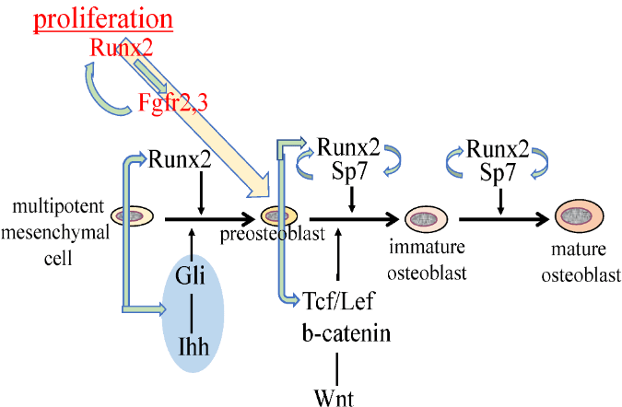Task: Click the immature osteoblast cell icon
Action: (427, 219)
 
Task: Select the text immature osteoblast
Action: (427, 261)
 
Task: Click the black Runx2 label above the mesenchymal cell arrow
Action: (179, 160)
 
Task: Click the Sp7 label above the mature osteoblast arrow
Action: (499, 173)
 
